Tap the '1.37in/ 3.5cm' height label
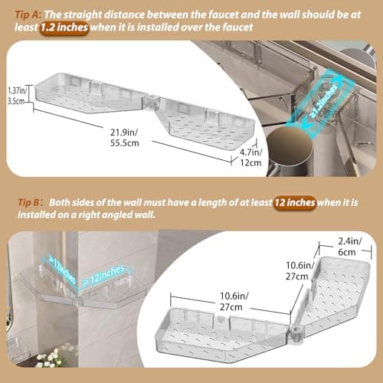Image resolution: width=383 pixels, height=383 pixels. pos(14,95)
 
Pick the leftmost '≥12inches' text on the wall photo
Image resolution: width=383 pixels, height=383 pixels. pos(65,267)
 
